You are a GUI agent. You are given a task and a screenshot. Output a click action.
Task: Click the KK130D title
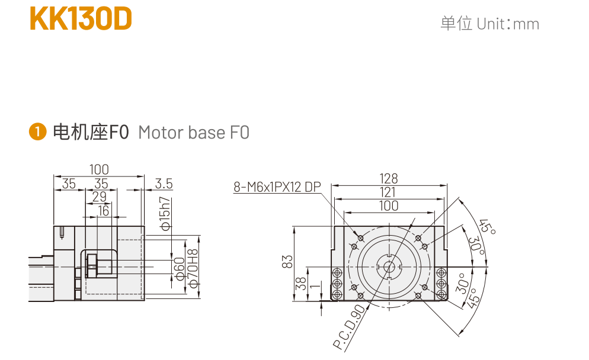coord(81,19)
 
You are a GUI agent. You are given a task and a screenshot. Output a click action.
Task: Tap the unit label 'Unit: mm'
coord(489,24)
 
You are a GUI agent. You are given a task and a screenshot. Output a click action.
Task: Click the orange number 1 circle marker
coord(37,131)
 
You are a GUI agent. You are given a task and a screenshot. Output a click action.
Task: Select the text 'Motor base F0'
coord(194,132)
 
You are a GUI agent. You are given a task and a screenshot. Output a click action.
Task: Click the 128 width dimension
coord(389,178)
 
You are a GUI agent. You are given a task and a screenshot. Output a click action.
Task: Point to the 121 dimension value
coord(389,192)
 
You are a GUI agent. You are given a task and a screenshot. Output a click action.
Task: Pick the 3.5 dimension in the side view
coord(164,184)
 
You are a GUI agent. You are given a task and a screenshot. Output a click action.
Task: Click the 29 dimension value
coord(100,197)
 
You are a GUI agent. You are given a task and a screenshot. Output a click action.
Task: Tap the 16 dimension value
coord(104,211)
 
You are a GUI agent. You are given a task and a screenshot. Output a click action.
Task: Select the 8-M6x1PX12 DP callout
coord(277,188)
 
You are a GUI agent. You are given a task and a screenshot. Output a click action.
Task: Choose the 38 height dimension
coord(300,284)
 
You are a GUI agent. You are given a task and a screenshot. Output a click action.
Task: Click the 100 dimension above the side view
coord(99,169)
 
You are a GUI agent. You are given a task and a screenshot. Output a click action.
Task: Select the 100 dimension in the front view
coord(389,205)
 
